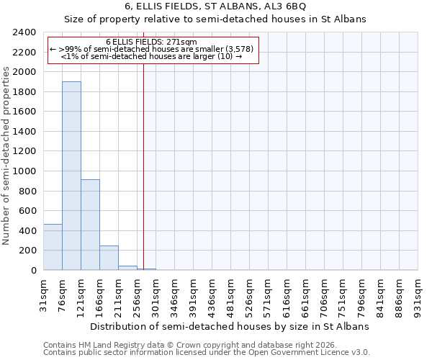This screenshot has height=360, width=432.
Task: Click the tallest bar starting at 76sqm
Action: point(71,176)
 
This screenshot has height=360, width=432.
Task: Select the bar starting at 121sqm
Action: point(90,225)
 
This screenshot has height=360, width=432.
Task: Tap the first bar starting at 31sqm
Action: point(53,247)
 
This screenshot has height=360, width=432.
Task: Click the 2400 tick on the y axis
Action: point(25,32)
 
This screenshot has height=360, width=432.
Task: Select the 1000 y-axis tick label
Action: point(25,171)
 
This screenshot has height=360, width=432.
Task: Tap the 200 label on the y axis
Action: point(29,251)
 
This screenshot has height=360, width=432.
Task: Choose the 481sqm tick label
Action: point(231,295)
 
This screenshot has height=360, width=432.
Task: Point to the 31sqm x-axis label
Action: point(44,295)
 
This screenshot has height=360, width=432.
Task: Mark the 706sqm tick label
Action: point(325,295)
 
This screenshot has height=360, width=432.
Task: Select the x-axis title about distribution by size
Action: point(230,326)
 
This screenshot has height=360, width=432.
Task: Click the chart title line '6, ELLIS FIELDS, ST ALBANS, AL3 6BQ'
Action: point(216,7)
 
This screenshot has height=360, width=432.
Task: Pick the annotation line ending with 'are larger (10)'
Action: point(151,56)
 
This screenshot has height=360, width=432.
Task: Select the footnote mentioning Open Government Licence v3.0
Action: point(206,353)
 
